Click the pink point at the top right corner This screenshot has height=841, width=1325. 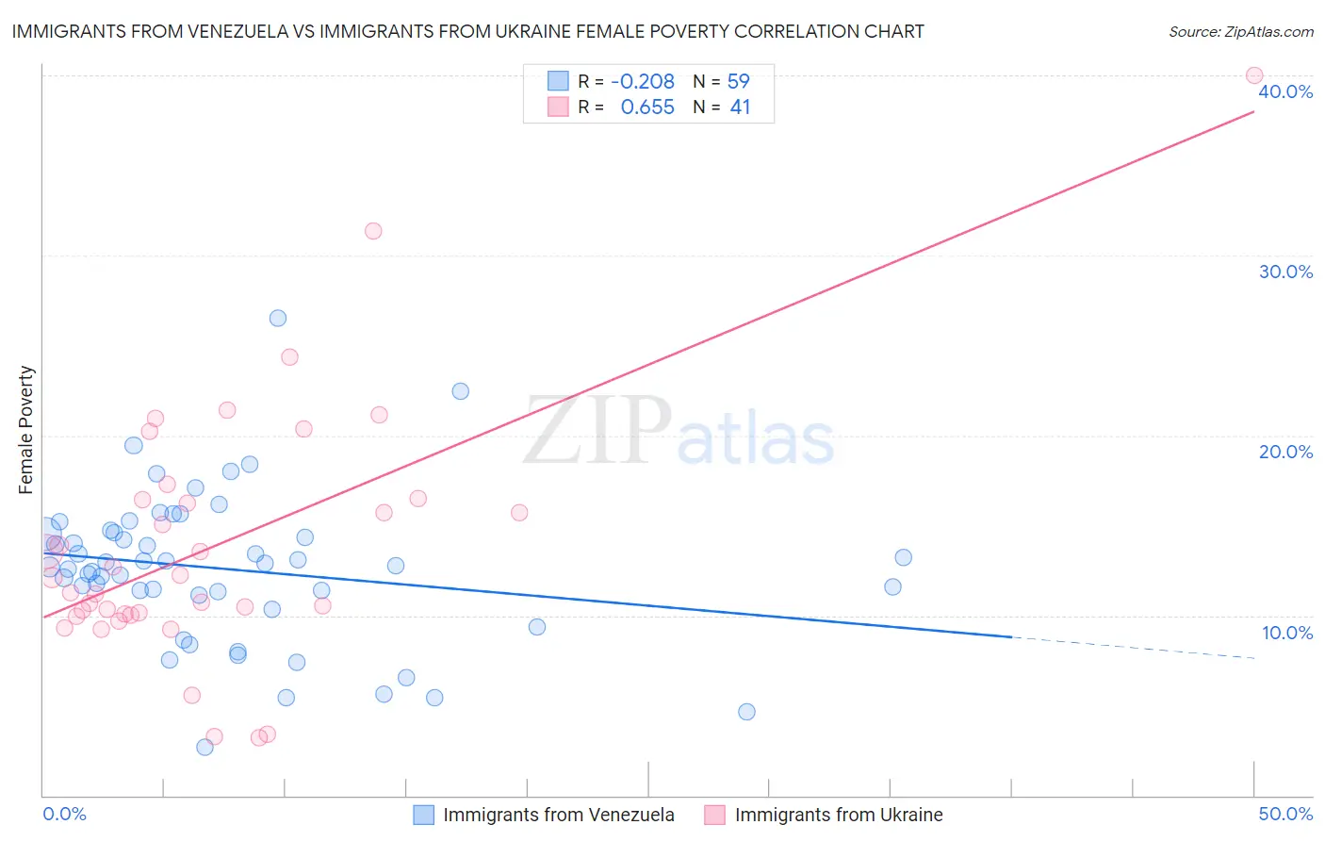pos(1253,75)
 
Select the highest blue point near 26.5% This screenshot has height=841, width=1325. pos(277,318)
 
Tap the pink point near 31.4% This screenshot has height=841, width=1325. pos(373,231)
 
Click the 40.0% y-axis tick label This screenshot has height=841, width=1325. pos(1285,91)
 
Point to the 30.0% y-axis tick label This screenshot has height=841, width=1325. pos(1285,272)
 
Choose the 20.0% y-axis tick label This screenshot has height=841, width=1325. pos(1285,452)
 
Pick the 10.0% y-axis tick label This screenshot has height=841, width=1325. pos(1286,633)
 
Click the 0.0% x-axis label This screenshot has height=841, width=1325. pos(64,814)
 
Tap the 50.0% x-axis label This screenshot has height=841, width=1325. pos(1285,814)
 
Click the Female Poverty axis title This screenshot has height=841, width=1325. pos(26,430)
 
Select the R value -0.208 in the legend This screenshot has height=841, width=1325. pos(643,81)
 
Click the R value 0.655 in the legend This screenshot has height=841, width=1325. pos(647,107)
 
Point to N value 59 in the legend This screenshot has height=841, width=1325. pos(739,81)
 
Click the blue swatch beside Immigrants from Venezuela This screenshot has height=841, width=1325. pos(424,815)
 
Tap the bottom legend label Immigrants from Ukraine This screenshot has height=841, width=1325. pos(838,815)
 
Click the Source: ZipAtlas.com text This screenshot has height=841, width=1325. pos(1240,32)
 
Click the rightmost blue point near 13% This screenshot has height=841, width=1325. pos(903,557)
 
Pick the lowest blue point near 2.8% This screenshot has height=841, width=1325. pos(204,747)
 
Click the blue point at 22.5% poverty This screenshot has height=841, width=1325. pos(460,391)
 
